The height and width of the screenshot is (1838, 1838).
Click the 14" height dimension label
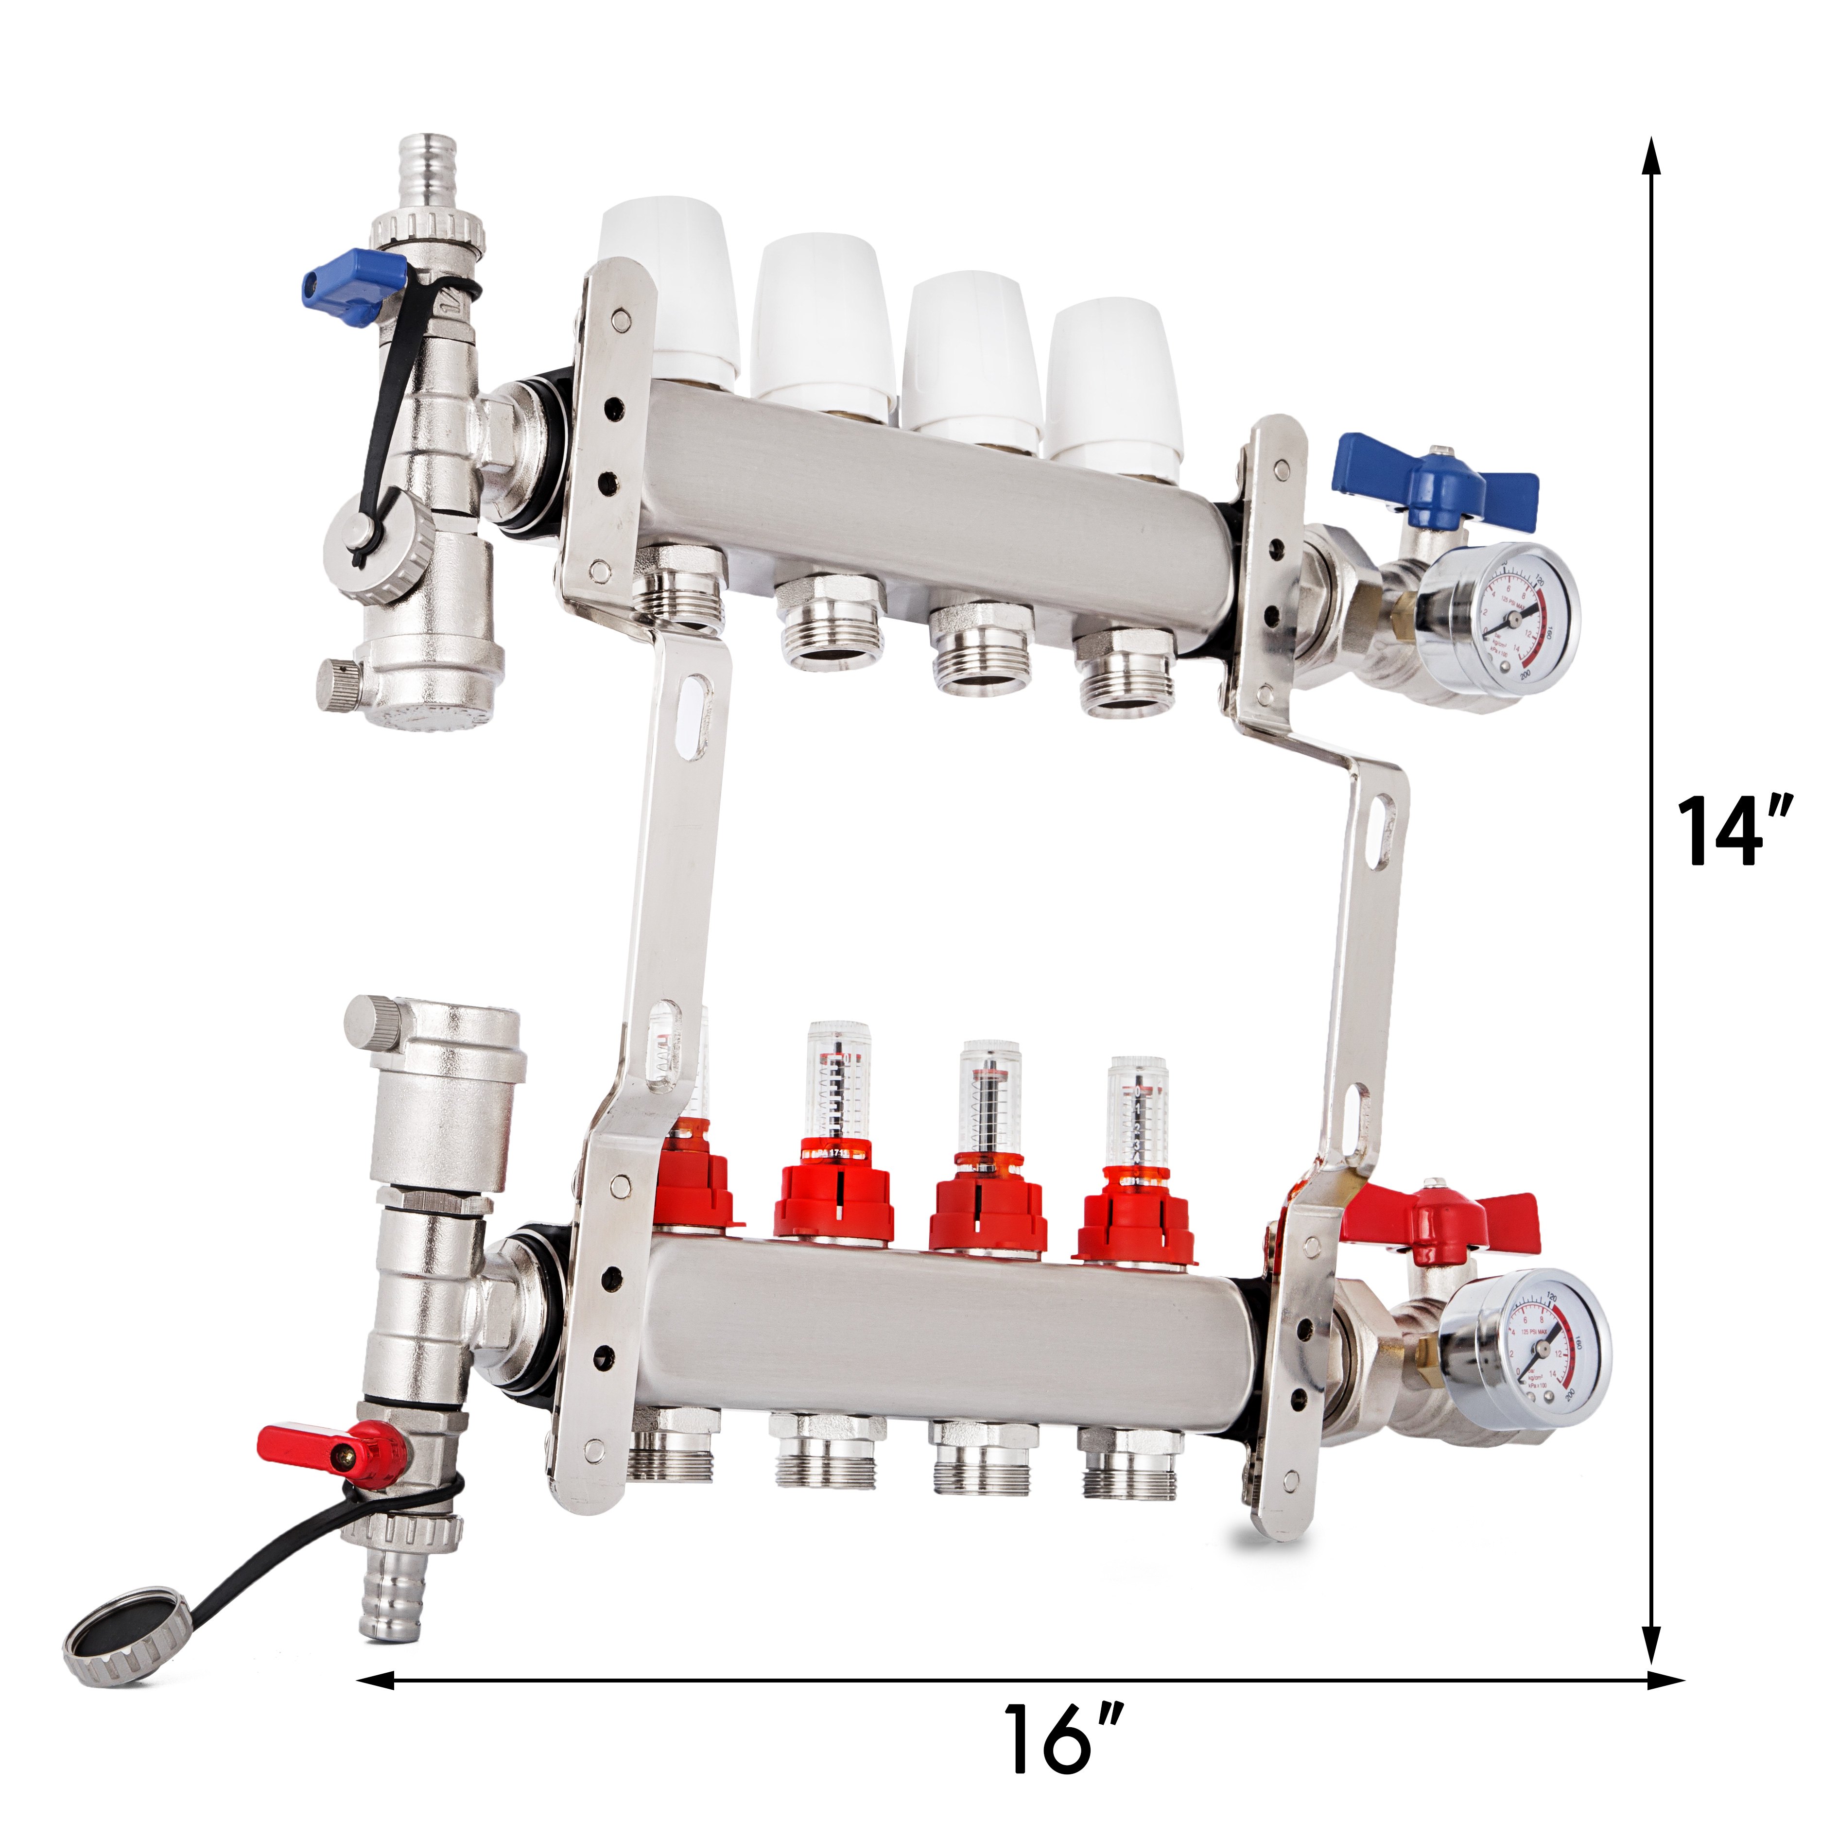click(x=1734, y=831)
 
